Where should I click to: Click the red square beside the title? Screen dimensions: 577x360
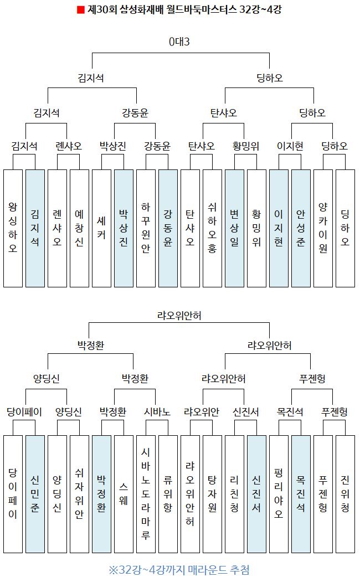[80, 10]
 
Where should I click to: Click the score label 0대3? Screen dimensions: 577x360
[180, 42]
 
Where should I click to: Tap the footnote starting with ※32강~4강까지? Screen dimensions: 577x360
[179, 569]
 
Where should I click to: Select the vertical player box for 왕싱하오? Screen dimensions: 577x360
[13, 228]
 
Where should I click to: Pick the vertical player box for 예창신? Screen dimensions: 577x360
[79, 228]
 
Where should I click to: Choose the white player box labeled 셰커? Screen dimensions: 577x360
[101, 228]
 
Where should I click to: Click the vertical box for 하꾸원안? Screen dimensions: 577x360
[146, 228]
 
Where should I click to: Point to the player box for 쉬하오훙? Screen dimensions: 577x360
[212, 228]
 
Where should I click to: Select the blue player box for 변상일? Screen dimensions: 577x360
[234, 228]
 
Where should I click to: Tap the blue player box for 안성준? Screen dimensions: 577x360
[301, 228]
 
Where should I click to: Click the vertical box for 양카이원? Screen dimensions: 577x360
[323, 228]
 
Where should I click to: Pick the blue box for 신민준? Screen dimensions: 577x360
[35, 494]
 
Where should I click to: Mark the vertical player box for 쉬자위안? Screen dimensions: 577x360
[79, 494]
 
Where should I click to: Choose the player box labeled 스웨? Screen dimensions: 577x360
[124, 494]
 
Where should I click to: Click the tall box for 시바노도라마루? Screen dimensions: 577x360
[146, 494]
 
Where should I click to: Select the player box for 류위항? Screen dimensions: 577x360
[168, 494]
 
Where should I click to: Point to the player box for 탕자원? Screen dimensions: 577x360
[212, 494]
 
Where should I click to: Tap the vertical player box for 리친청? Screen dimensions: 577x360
[234, 494]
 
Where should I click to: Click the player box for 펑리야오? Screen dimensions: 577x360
[279, 494]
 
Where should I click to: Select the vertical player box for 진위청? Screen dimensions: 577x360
[345, 494]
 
